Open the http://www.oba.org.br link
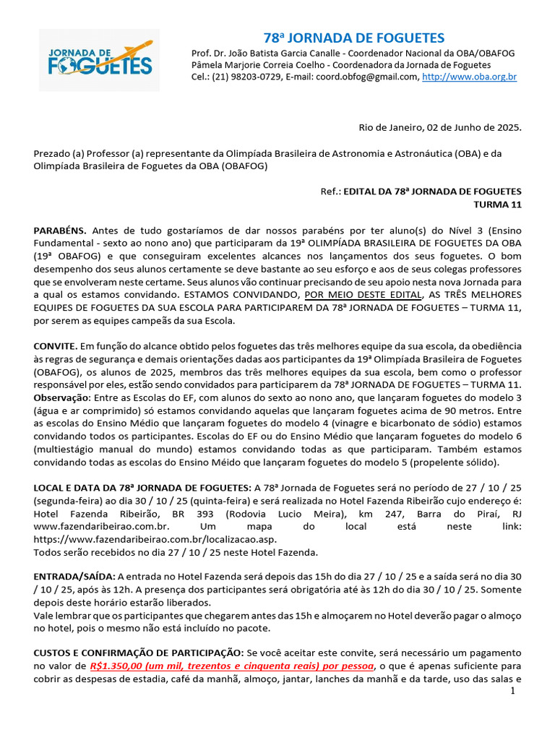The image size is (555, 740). click(x=469, y=77)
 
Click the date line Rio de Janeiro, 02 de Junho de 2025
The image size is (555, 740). click(x=440, y=127)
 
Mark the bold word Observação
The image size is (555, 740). click(x=62, y=398)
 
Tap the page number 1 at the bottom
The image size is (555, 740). click(x=512, y=692)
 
